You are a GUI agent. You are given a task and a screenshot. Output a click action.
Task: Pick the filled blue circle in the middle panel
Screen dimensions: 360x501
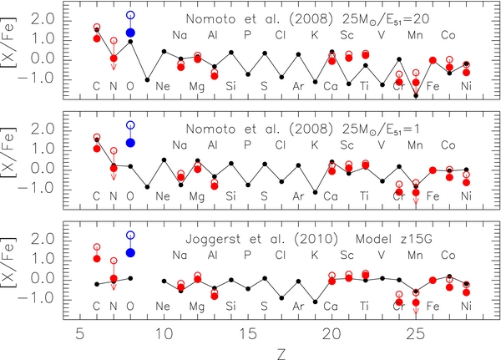130,143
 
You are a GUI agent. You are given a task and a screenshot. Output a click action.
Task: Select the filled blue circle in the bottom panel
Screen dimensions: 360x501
130,252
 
